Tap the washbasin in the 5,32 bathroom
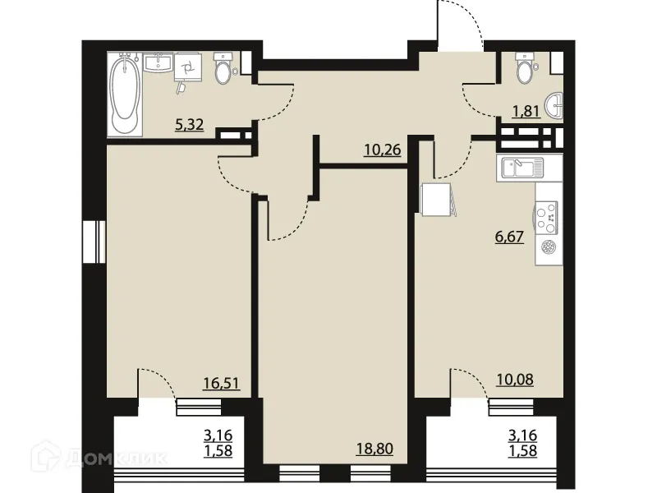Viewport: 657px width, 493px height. tap(157, 63)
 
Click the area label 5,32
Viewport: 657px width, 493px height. tap(189, 126)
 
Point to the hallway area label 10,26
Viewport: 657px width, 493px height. tap(381, 150)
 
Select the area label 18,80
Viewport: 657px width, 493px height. tap(373, 449)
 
